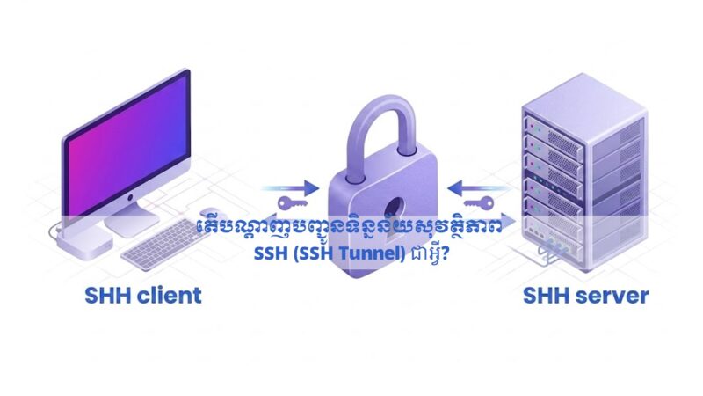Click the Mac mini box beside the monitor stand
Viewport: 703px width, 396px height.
tap(84, 243)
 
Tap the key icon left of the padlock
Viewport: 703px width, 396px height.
tap(293, 203)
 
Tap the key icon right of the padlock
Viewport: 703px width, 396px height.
tap(479, 203)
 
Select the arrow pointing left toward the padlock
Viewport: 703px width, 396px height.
tap(480, 188)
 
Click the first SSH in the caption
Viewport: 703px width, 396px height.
tap(271, 253)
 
